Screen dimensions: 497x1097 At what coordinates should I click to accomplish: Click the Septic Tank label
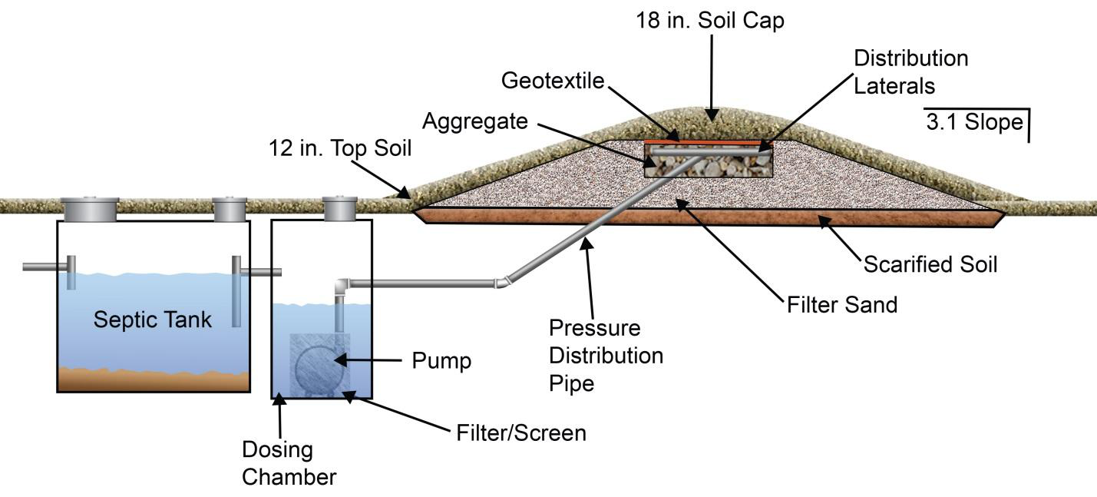(x=152, y=320)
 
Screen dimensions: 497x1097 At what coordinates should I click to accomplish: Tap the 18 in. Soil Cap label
(x=710, y=21)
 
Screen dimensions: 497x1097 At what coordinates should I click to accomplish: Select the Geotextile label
(x=553, y=81)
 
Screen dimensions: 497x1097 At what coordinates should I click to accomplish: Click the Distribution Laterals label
(x=910, y=72)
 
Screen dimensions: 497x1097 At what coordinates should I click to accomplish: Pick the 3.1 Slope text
(x=974, y=122)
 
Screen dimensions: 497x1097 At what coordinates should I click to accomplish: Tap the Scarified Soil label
(x=930, y=265)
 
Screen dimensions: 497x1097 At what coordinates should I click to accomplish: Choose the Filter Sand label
(x=842, y=305)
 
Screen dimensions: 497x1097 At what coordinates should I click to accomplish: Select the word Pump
(x=441, y=361)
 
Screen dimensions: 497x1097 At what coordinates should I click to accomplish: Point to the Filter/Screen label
(x=517, y=433)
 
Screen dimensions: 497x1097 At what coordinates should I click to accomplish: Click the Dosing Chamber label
(x=289, y=463)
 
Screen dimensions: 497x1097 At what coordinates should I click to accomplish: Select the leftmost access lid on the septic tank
(x=90, y=208)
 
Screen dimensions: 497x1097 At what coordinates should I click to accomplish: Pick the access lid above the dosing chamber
(x=340, y=208)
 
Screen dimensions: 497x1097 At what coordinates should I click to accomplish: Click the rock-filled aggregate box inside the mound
(x=707, y=162)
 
